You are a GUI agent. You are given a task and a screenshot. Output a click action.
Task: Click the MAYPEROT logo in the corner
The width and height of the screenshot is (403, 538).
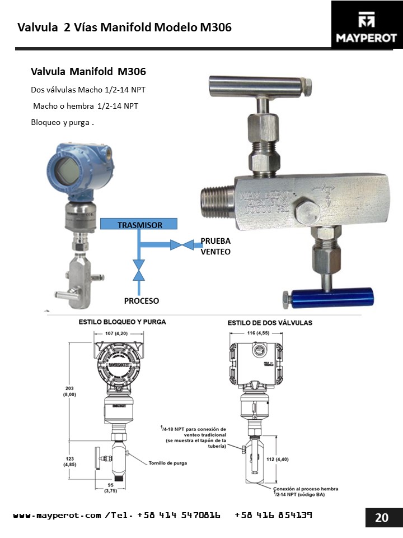[x=367, y=25]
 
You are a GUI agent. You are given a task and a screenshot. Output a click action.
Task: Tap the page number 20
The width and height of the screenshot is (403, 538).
[x=381, y=517]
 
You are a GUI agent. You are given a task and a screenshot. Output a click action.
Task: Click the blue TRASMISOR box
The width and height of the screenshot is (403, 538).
[x=139, y=224]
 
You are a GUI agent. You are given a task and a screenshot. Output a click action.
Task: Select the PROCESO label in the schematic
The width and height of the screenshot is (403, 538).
[x=142, y=301]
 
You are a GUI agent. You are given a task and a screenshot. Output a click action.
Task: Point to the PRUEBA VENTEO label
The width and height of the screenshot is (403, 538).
[x=215, y=247]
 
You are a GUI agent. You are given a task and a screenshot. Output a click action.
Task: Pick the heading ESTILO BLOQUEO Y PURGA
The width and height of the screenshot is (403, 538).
[x=123, y=322]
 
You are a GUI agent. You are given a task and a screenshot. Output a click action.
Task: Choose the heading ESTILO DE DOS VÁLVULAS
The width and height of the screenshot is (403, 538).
[x=270, y=323]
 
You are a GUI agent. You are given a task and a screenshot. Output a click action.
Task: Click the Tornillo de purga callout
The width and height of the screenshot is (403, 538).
[x=168, y=463]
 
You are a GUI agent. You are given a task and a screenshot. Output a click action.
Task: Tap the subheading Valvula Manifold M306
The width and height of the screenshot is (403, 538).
[x=88, y=72]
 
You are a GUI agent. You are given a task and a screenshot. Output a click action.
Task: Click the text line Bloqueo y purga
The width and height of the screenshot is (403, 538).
[x=62, y=122]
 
